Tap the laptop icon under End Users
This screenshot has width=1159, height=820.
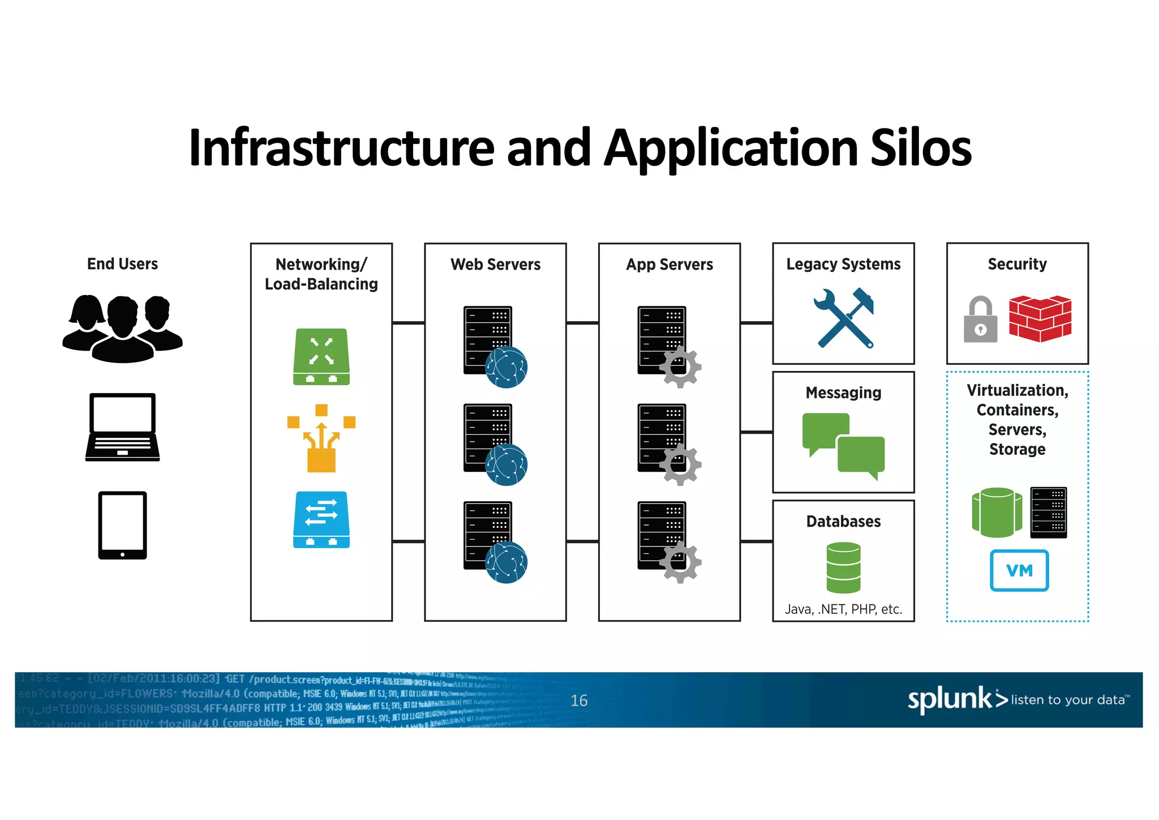(122, 427)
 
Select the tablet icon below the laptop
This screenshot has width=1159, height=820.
(122, 525)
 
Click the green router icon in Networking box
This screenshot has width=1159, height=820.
(321, 357)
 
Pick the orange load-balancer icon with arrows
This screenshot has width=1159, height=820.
(321, 439)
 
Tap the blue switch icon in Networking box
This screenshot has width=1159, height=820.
(321, 519)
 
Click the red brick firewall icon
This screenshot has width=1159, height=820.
(1040, 318)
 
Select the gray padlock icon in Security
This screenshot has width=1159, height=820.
(980, 321)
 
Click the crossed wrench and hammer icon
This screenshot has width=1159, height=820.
(844, 318)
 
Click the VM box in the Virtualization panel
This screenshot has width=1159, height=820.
(1019, 570)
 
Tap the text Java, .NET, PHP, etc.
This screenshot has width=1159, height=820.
(843, 609)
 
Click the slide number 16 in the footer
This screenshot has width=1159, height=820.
(579, 701)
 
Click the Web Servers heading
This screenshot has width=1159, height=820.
(495, 264)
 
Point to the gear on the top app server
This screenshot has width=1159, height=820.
(680, 367)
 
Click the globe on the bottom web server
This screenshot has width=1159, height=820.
(506, 562)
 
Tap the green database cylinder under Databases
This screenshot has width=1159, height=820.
(843, 567)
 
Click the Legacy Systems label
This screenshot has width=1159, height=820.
(843, 264)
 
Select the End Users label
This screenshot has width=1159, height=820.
(122, 264)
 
